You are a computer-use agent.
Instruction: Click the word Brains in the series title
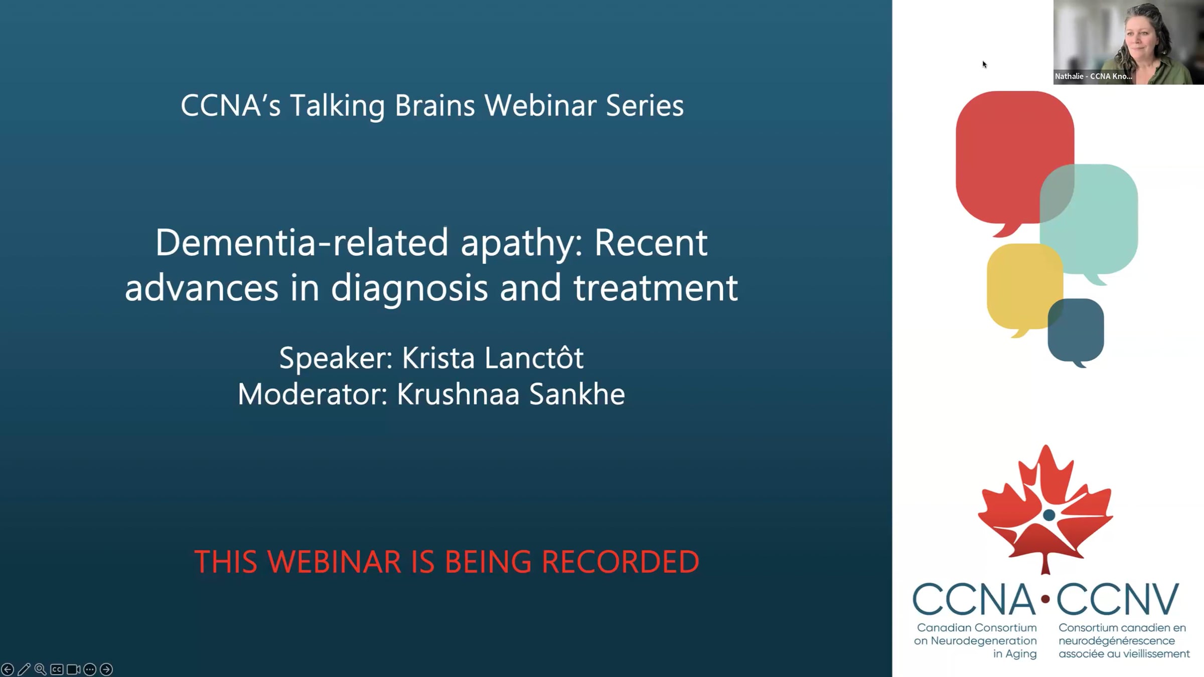435,106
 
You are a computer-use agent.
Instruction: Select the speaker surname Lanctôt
534,358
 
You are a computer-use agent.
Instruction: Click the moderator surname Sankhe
577,394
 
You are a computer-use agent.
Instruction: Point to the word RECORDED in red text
620,562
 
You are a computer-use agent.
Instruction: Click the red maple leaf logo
1045,509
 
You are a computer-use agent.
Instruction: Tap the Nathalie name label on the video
1093,76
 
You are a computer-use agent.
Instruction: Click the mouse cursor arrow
984,64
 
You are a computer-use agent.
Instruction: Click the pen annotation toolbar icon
24,669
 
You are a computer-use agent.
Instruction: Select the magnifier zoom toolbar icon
41,669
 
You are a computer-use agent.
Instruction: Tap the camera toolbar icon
74,669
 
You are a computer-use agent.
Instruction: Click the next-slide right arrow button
106,669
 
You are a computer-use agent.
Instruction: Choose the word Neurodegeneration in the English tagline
984,641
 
